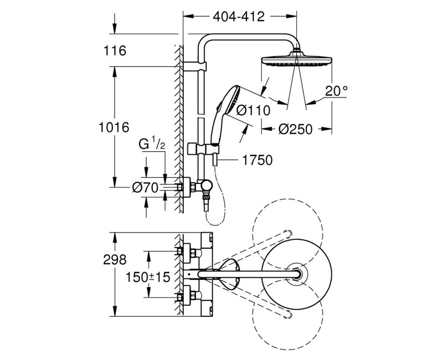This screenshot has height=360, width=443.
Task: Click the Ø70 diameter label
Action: coord(146,188)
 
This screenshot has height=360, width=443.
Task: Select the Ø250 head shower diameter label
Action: coord(296,129)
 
